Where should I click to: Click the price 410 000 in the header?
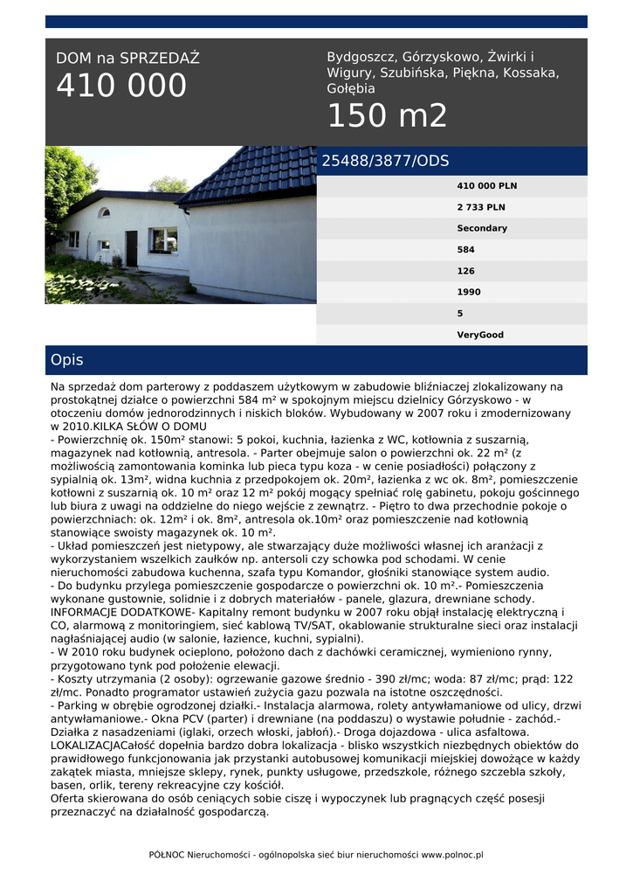(x=121, y=86)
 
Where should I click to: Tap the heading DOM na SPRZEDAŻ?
(x=127, y=59)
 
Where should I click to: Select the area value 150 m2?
(x=387, y=115)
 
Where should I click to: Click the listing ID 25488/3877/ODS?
(x=385, y=161)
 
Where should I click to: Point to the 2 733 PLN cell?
(x=481, y=207)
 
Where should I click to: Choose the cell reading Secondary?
(x=482, y=228)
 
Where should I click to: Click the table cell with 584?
(x=466, y=250)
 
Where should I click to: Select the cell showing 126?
(x=466, y=271)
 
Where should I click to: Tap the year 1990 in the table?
(x=469, y=292)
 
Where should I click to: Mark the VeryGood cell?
(x=480, y=335)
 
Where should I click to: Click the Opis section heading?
(x=67, y=360)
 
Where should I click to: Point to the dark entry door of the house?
(x=131, y=248)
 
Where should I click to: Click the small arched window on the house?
(x=105, y=212)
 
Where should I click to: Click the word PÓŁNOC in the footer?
(x=166, y=855)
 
